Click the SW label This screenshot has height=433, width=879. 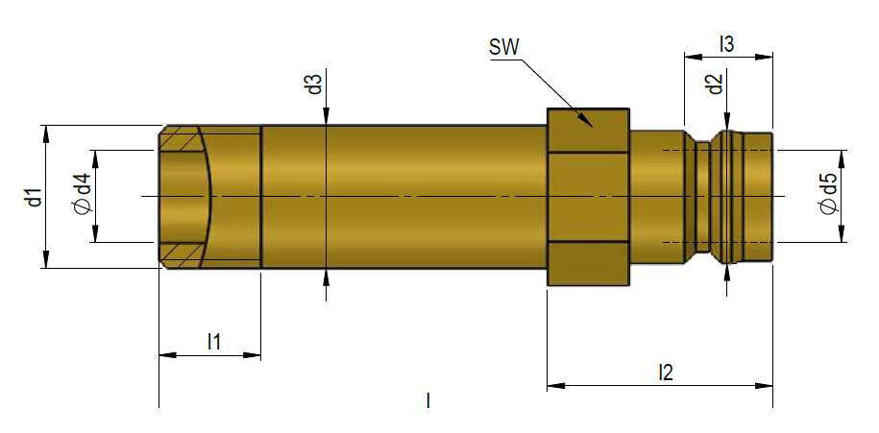click(502, 47)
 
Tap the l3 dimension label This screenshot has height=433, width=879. click(726, 43)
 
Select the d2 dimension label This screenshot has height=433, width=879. click(713, 84)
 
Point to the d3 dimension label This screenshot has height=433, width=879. click(313, 84)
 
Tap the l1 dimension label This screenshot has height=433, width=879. click(214, 341)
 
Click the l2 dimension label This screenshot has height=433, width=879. click(665, 372)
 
